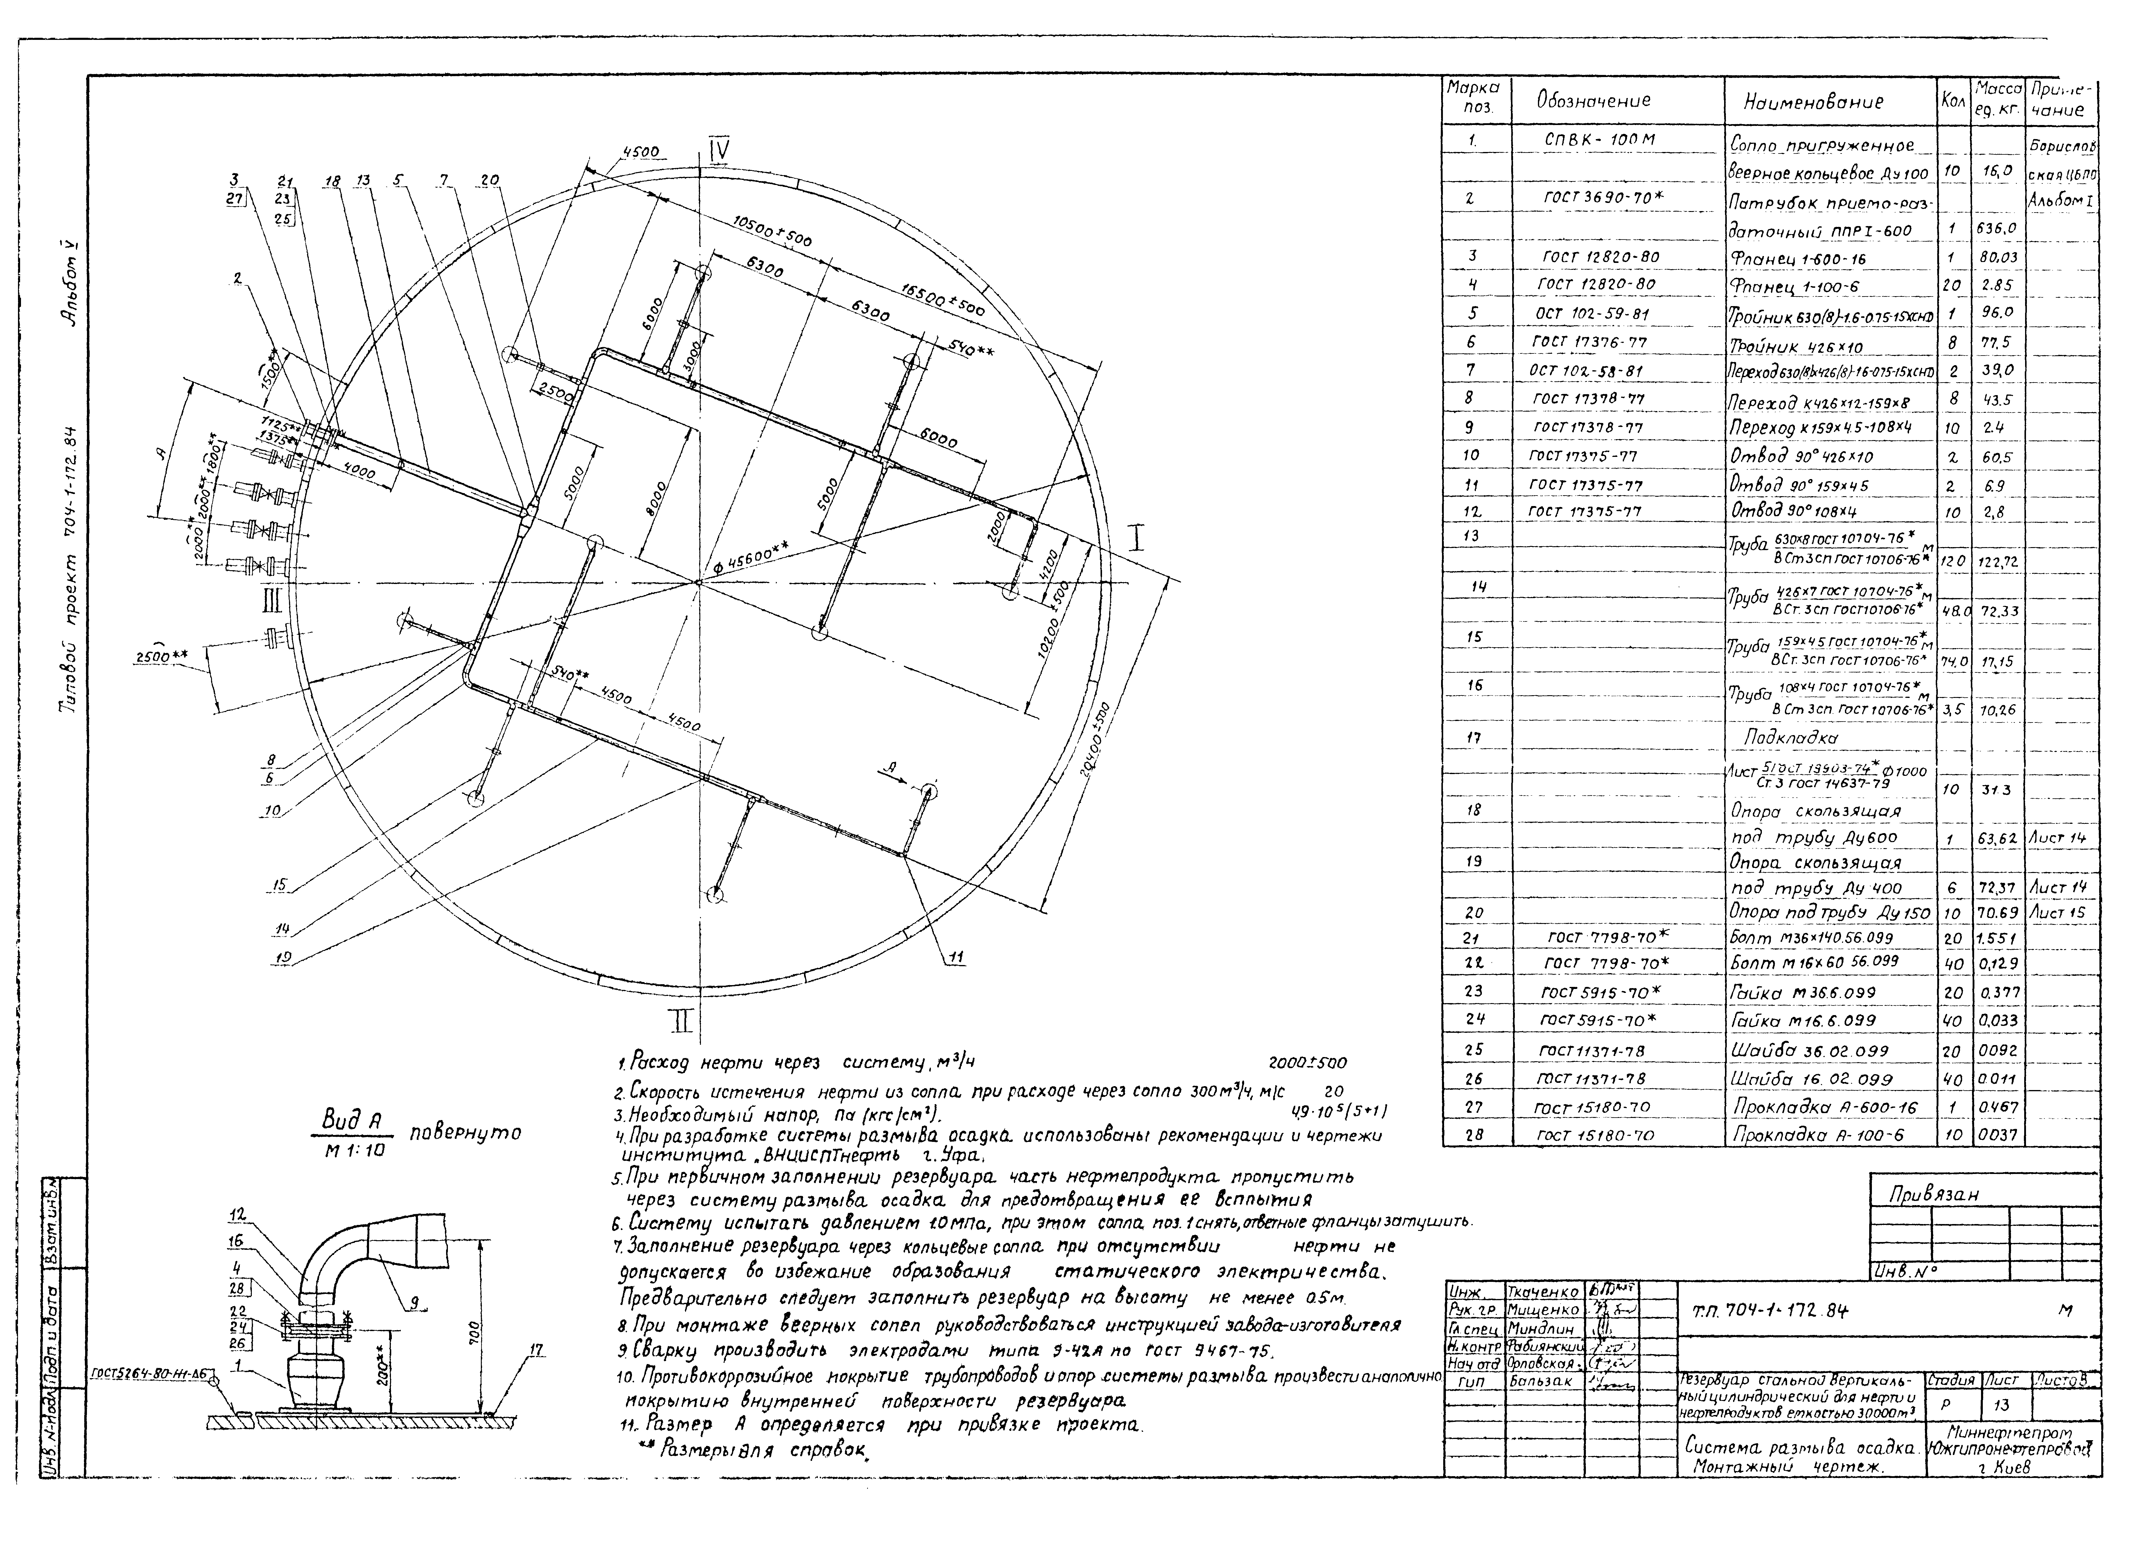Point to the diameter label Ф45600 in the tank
tap(751, 559)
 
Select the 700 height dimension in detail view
tap(475, 1333)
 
